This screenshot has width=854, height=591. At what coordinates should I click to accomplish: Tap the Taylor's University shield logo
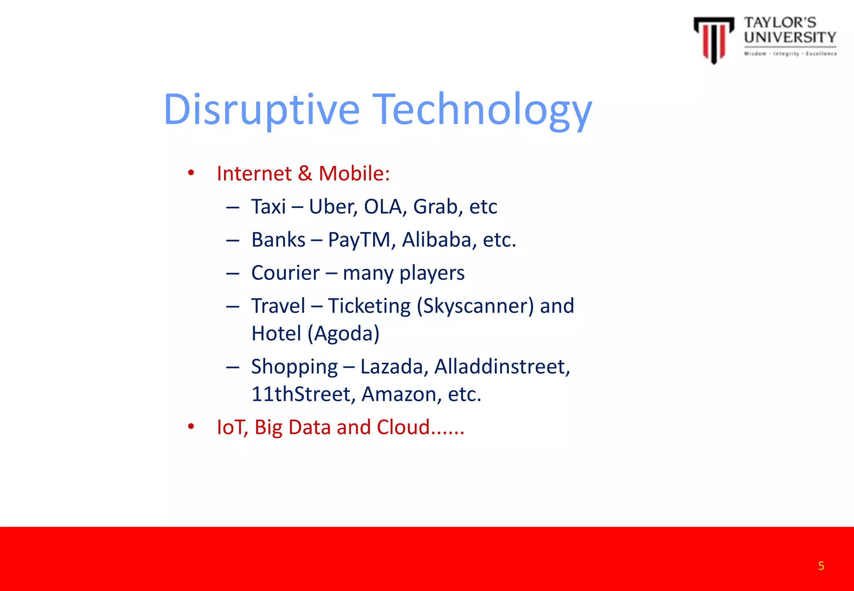pyautogui.click(x=713, y=40)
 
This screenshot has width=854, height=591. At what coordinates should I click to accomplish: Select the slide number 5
pyautogui.click(x=821, y=566)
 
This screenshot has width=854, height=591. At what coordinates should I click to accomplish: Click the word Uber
pyautogui.click(x=332, y=207)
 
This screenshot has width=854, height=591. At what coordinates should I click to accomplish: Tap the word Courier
pyautogui.click(x=285, y=273)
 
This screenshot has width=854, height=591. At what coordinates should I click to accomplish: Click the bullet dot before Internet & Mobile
pyautogui.click(x=191, y=173)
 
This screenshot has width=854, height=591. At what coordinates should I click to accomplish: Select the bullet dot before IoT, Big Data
pyautogui.click(x=191, y=427)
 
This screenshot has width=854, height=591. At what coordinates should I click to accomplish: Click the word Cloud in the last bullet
pyautogui.click(x=403, y=427)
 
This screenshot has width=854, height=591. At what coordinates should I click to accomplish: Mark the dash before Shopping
pyautogui.click(x=232, y=367)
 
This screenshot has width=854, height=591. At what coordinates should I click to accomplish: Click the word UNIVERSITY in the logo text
pyautogui.click(x=790, y=38)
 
